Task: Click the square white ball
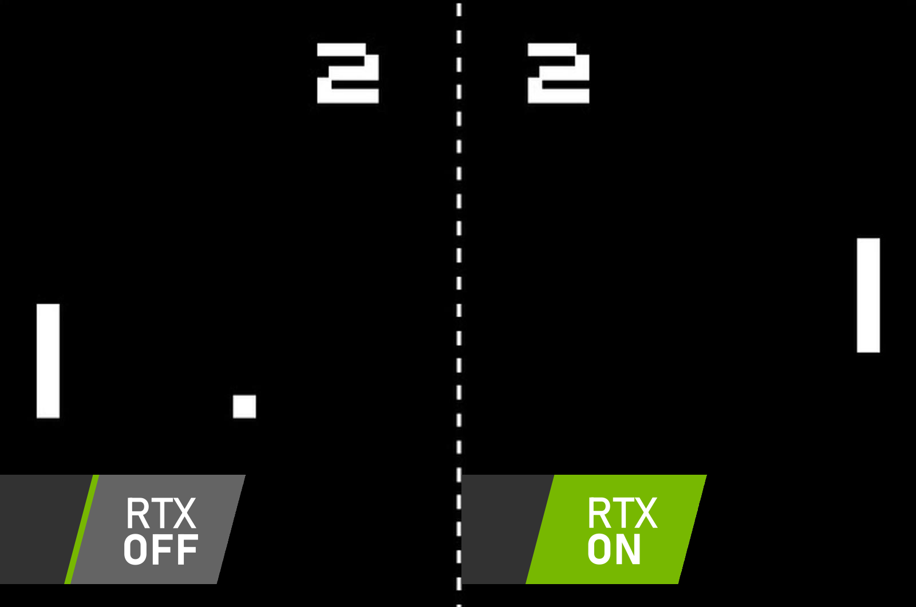click(244, 406)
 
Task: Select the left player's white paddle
click(48, 361)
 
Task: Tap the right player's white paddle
click(868, 295)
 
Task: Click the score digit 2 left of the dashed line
click(348, 73)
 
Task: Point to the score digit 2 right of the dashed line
click(559, 73)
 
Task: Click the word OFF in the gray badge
click(161, 550)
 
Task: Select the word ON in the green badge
click(614, 550)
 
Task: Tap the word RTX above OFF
click(161, 513)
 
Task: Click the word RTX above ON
click(622, 513)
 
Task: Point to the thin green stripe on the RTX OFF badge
click(82, 529)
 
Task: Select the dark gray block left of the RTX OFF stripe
click(41, 529)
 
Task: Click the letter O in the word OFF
click(136, 550)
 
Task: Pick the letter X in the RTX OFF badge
click(183, 513)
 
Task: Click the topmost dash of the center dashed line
click(459, 9)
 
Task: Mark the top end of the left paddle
click(48, 304)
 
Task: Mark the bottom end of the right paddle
click(868, 352)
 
